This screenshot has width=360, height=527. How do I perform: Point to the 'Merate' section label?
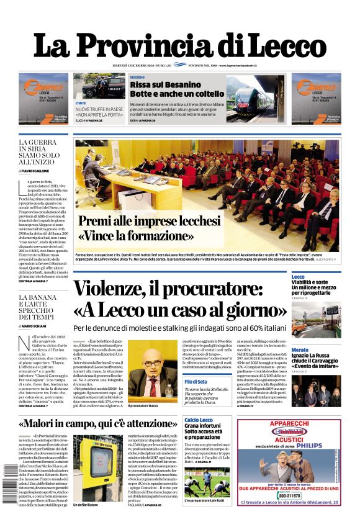[x=300, y=350]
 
